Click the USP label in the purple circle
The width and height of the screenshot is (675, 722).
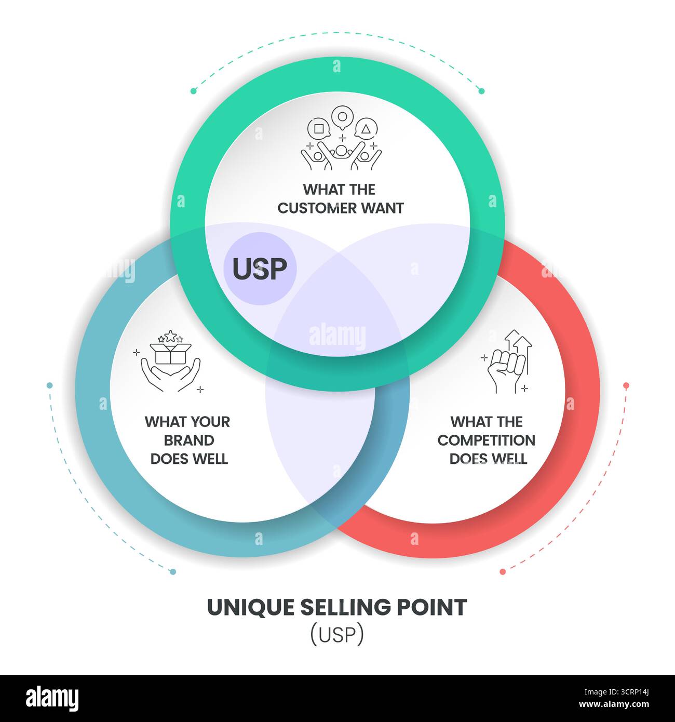260,269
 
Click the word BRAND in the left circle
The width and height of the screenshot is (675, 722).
189,440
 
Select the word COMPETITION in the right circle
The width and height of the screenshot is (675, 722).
486,440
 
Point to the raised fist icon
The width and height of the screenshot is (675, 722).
506,364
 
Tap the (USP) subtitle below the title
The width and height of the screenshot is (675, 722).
337,635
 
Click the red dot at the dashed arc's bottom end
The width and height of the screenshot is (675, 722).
503,571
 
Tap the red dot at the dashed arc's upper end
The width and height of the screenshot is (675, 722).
626,385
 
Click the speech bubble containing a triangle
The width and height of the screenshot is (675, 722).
367,129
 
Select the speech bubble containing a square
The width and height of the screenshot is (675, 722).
319,128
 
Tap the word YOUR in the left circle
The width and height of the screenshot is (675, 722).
209,422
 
